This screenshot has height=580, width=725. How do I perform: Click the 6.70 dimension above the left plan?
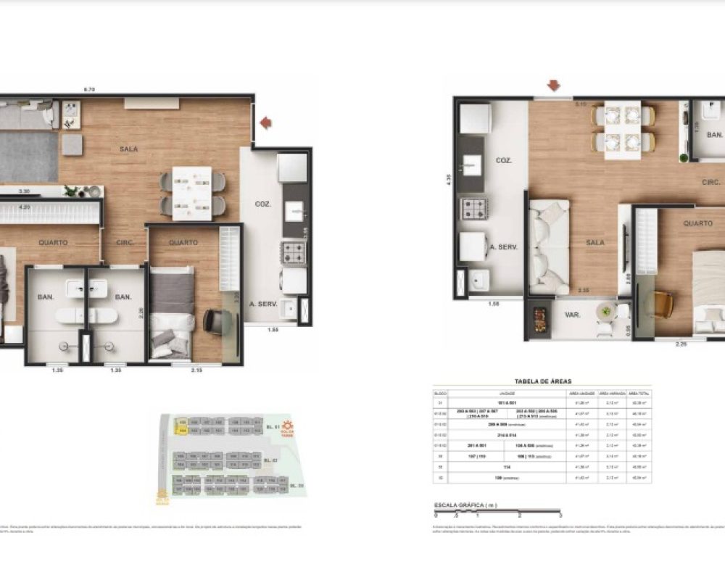(x=90, y=89)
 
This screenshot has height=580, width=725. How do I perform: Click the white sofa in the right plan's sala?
(x=549, y=247)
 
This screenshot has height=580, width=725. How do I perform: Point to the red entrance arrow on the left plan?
(x=266, y=123)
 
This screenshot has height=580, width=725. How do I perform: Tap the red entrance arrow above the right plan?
(x=554, y=86)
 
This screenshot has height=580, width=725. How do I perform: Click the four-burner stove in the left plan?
(x=294, y=254)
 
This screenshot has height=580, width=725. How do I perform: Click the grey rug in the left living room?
(x=28, y=156)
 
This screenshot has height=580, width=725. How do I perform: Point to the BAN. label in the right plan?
(x=714, y=135)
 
